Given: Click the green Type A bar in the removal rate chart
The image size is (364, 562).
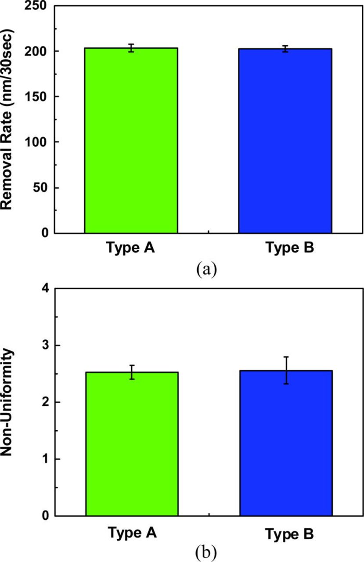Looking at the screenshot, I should (131, 140).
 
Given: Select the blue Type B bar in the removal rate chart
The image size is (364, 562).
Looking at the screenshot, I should (285, 140).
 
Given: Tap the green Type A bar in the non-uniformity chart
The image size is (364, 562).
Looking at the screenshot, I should (132, 443).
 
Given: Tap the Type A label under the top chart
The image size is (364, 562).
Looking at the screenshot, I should (129, 249).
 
